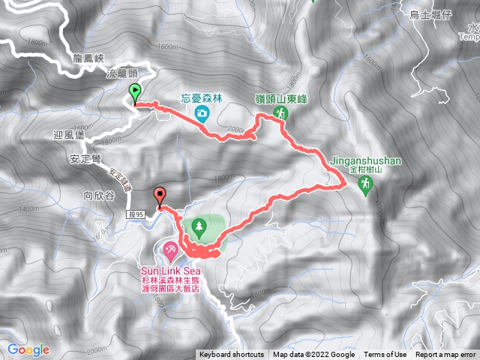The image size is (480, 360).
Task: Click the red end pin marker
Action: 160,196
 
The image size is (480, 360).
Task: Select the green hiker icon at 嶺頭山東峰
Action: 280,113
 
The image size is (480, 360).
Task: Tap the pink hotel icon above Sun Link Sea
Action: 170,248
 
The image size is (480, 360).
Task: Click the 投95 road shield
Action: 136,214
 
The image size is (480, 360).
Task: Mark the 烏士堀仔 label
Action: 430,14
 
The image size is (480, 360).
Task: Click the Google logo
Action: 28,349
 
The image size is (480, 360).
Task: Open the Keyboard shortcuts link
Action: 231,355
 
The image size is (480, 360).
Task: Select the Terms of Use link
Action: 385,355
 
